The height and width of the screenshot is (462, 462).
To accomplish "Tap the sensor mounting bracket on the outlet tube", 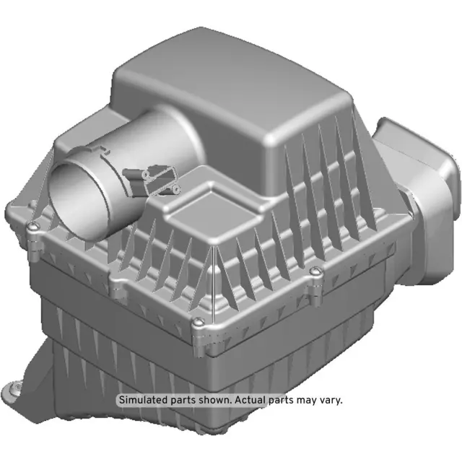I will tap(154, 180).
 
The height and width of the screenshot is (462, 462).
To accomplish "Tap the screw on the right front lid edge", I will tap(314, 273).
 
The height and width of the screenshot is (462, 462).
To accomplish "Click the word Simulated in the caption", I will tap(143, 399).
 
